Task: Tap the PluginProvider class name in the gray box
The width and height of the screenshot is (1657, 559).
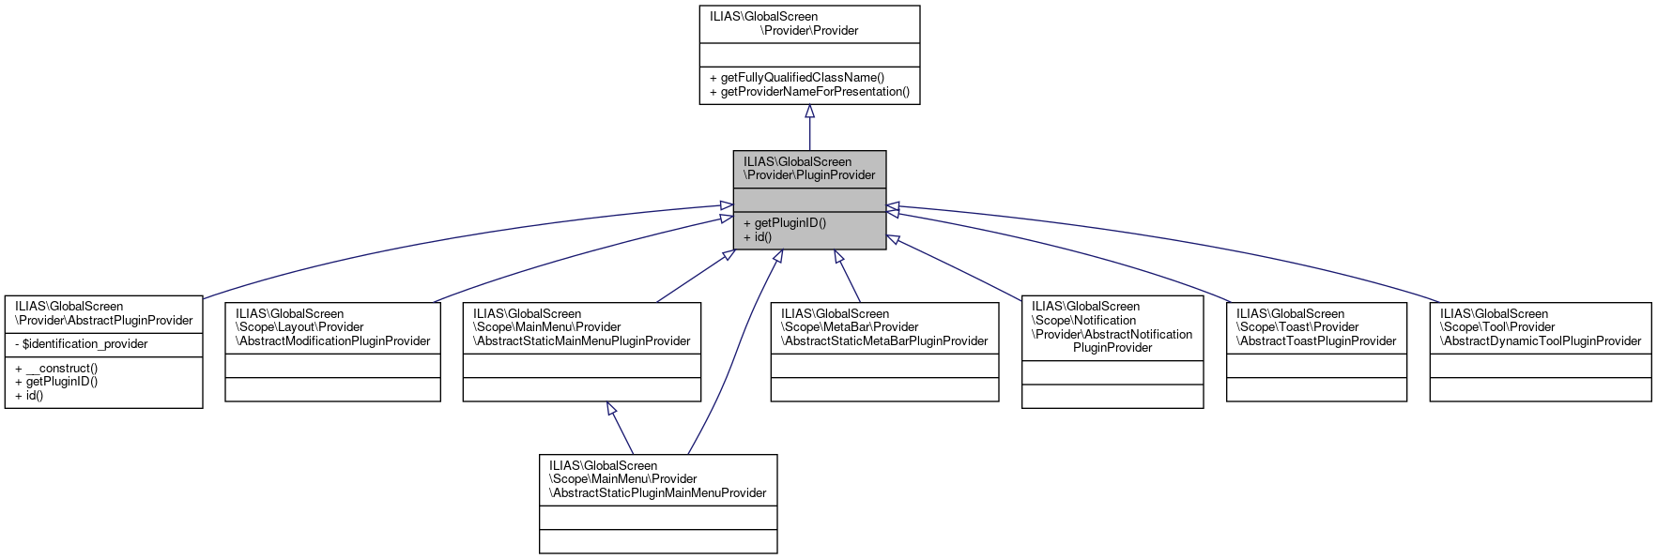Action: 809,169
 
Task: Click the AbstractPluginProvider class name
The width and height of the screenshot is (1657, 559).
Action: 103,313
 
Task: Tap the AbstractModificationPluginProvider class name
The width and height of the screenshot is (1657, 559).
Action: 332,327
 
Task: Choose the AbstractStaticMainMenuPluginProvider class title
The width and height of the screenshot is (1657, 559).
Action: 581,327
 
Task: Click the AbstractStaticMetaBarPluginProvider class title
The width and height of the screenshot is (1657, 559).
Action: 884,327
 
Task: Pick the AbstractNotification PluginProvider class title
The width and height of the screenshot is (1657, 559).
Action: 1112,327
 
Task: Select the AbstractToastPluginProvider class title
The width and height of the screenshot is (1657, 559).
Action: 1316,327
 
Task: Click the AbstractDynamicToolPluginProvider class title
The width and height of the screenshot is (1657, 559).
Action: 1540,327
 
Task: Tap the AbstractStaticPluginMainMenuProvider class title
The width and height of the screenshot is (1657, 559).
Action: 657,479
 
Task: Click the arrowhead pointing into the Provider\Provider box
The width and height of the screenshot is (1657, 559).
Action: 809,112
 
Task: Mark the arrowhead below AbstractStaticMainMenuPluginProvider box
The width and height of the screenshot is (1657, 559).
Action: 611,409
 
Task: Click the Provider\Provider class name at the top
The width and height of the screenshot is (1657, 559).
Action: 809,23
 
